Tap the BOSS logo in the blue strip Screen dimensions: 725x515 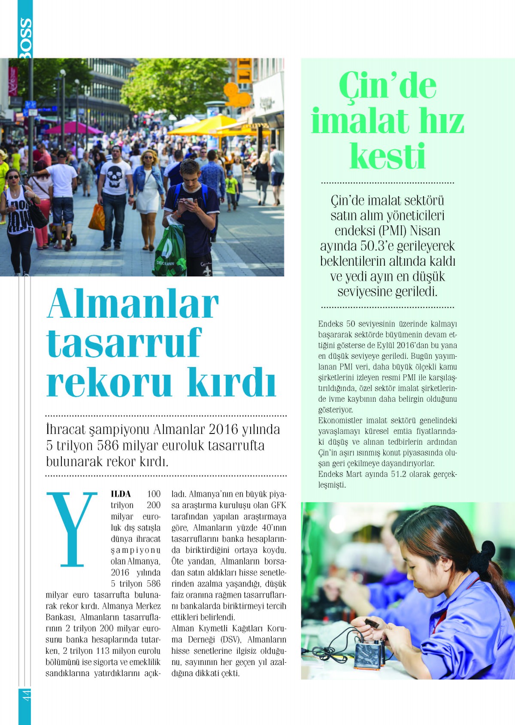[x=25, y=38]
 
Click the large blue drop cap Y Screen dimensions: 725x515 [x=72, y=529]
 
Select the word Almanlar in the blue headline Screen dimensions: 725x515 [x=133, y=303]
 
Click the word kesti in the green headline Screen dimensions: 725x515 [x=387, y=156]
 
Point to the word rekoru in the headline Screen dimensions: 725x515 [x=109, y=382]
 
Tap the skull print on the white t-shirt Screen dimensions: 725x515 [x=115, y=176]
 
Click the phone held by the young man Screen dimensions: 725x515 [x=188, y=201]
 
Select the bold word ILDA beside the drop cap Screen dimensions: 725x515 [x=121, y=494]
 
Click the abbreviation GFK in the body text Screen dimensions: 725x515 [x=278, y=505]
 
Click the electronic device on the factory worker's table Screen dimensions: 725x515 [x=368, y=655]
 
